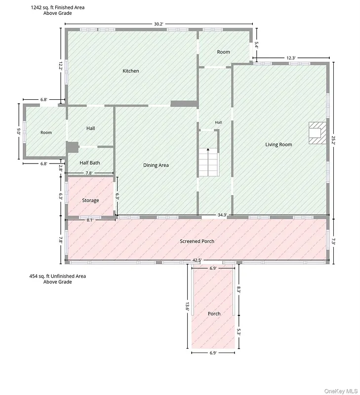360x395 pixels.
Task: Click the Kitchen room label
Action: pos(130,71)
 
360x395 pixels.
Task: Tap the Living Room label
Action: pos(279,145)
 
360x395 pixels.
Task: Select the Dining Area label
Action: pos(156,165)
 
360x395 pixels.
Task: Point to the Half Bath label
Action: pos(90,163)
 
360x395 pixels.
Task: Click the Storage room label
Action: pos(90,200)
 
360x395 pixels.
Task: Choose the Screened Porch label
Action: pos(197,241)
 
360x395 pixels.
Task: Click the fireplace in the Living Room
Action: pos(318,133)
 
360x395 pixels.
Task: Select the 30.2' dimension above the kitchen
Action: pos(159,24)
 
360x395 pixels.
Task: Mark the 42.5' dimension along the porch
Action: pos(197,260)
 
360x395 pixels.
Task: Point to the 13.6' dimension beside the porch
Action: pos(187,307)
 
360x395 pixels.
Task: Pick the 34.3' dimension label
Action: pos(222,215)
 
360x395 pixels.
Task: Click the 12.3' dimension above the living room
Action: pos(291,58)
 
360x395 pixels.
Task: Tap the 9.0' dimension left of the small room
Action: pos(19,131)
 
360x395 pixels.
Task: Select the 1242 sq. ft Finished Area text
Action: pos(58,10)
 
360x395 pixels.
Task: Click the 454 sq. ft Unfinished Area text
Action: pos(58,279)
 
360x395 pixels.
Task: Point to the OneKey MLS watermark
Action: pos(341,391)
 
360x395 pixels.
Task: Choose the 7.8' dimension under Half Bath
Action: pos(89,173)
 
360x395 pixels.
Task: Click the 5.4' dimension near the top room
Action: pos(256,45)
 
